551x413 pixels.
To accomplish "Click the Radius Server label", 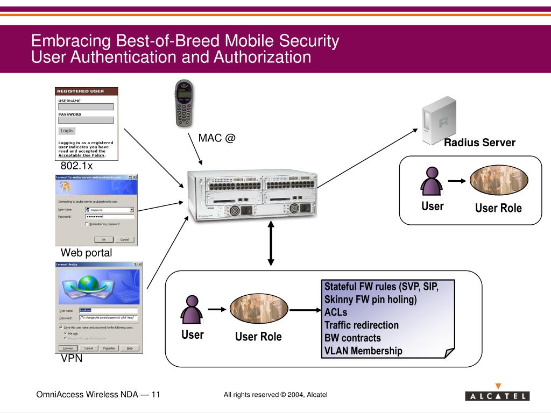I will point(479,143).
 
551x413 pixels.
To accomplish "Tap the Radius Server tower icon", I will point(439,120).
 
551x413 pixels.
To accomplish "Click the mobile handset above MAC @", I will point(185,103).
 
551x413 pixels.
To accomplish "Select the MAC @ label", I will point(217,138).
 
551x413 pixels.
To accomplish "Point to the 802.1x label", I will point(76,166).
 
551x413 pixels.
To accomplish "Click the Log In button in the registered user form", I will point(67,131).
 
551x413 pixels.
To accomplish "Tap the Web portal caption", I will point(86,253).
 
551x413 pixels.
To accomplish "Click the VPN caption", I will point(72,359).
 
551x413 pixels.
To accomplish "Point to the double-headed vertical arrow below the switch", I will point(271,245).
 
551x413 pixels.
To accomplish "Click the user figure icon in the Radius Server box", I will point(432,181).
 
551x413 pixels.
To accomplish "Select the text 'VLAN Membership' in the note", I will point(363,351).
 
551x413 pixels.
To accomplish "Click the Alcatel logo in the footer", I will point(497,395).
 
